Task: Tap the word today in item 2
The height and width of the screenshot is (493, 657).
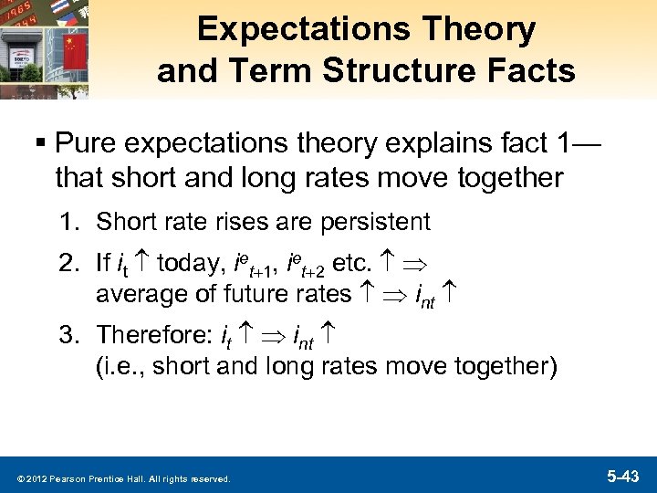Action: tap(191, 266)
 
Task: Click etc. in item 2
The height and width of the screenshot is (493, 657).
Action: tap(351, 266)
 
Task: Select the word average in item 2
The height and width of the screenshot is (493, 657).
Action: tap(135, 293)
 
